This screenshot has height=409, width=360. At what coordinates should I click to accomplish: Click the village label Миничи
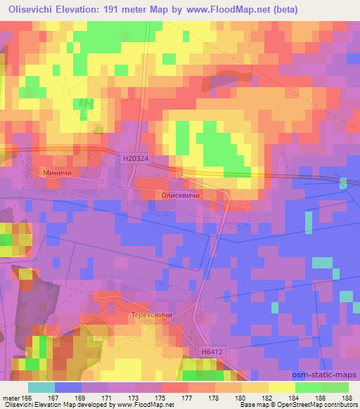[x=58, y=171]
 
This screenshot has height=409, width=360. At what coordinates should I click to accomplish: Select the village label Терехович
[x=150, y=316]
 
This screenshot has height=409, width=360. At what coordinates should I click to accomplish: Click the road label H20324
[x=134, y=160]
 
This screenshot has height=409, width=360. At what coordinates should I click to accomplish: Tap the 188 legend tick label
[x=347, y=398]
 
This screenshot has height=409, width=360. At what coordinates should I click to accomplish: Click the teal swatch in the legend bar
[x=41, y=387]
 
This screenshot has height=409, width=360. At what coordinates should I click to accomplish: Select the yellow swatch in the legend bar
[x=281, y=387]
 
